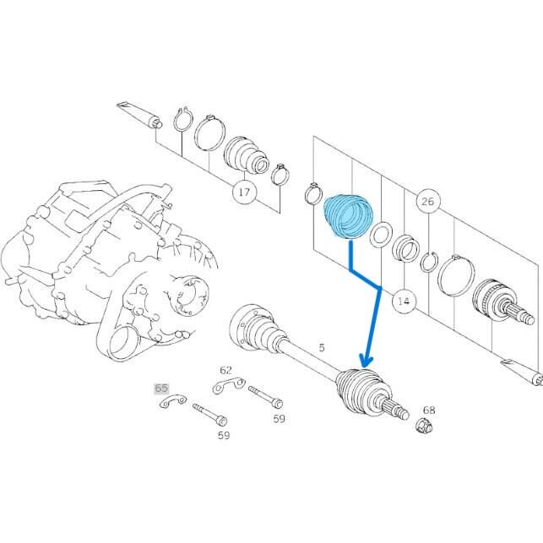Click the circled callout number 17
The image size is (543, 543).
[245, 192]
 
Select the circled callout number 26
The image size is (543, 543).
[427, 201]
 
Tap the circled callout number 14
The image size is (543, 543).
[404, 301]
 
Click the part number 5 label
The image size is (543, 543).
[322, 347]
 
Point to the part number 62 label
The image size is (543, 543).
[225, 370]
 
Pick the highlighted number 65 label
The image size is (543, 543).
[161, 388]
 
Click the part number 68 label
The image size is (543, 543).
[429, 410]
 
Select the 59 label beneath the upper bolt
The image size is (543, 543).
[280, 419]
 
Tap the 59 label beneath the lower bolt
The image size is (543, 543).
[224, 435]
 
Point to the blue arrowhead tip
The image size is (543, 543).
[365, 367]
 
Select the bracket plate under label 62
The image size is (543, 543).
[229, 385]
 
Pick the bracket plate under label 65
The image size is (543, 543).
[173, 401]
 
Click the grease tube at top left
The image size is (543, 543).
[139, 115]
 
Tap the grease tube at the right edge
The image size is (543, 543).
[522, 372]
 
